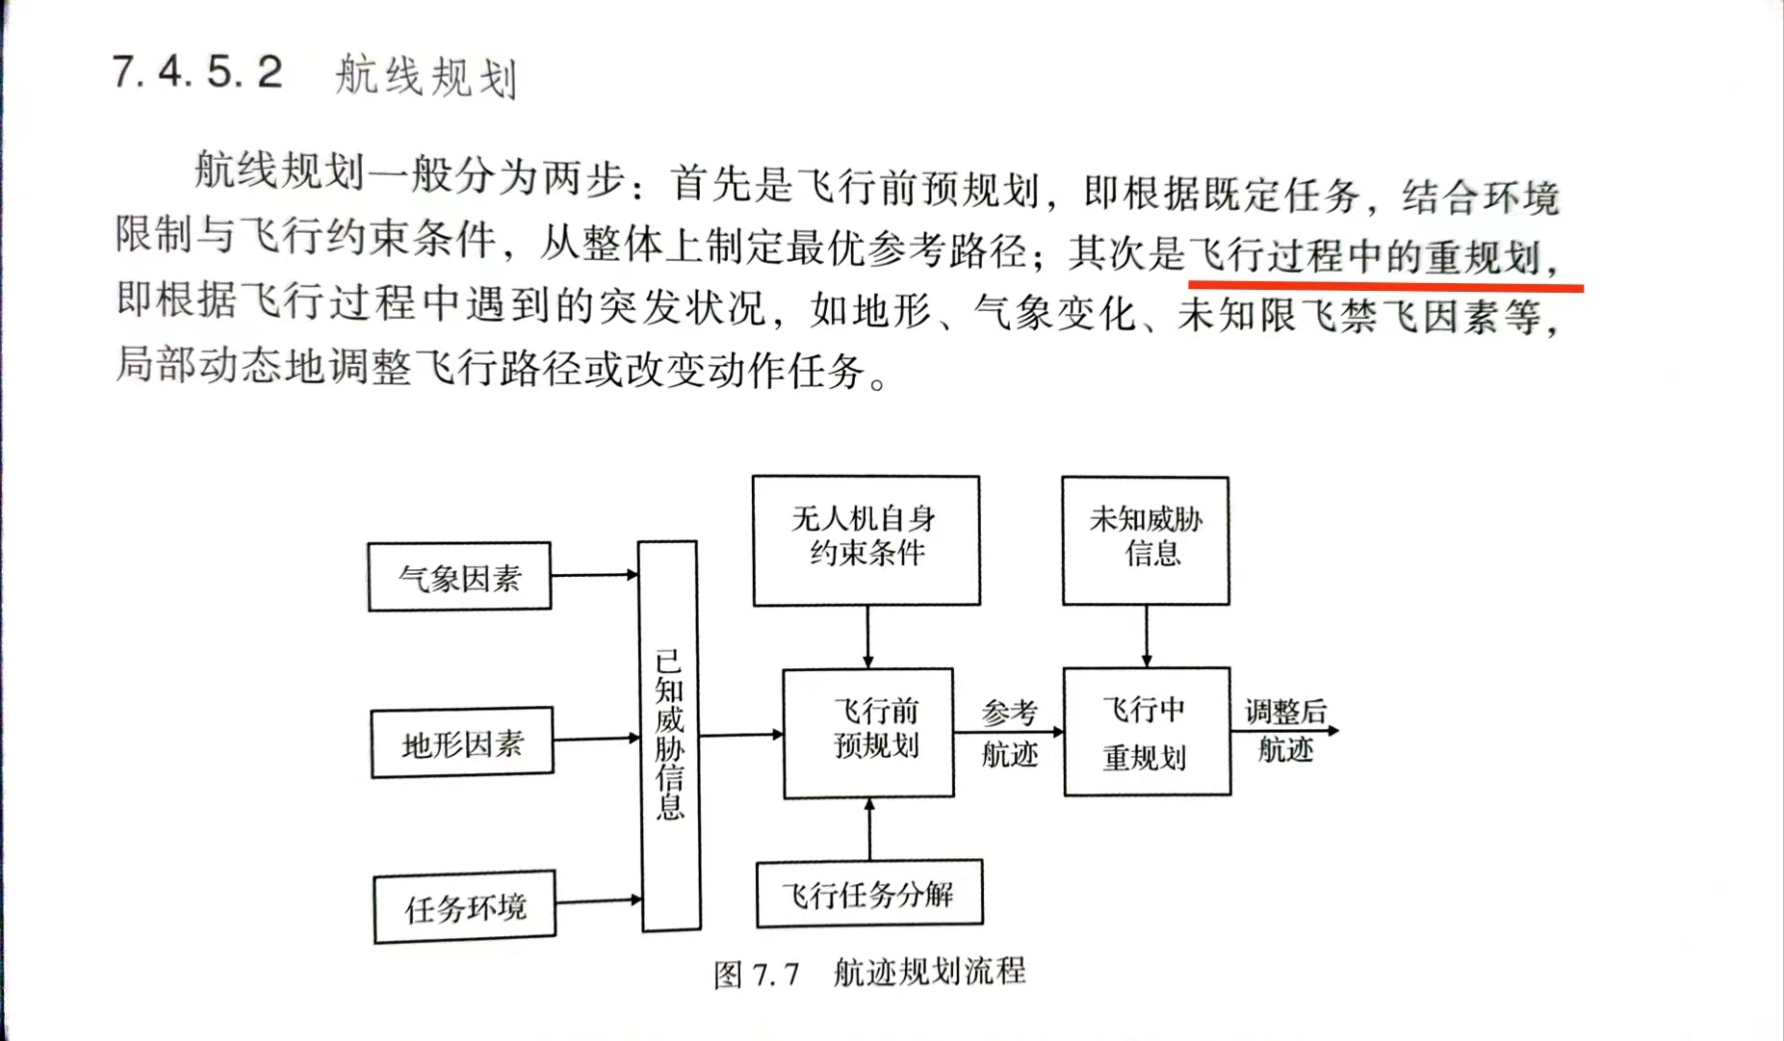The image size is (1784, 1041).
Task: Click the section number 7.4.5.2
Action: coord(197,72)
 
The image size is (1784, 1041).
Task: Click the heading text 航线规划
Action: coord(426,76)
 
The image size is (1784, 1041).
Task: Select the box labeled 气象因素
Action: coord(459,577)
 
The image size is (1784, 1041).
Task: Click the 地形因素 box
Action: coord(462,742)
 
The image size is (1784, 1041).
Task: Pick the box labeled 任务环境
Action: coord(465,907)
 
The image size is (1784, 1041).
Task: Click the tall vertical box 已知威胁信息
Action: coord(669,736)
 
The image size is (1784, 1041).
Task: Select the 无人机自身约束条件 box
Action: coord(866,539)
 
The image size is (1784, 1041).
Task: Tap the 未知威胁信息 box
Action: coord(1145,539)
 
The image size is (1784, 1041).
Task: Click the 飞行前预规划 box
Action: coord(868,733)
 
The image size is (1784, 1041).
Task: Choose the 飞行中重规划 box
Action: coord(1146,732)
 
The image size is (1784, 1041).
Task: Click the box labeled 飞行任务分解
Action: coord(868,894)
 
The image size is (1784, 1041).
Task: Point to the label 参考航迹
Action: coord(1009,733)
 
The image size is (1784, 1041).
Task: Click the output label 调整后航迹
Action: coord(1285,731)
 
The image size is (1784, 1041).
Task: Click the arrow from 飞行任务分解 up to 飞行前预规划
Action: coord(869,829)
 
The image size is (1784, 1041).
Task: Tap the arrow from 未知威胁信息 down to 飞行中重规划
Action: coord(1146,636)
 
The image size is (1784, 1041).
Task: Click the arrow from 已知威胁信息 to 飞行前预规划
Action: coord(740,735)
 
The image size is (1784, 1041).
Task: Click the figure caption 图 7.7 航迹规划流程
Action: coord(869,973)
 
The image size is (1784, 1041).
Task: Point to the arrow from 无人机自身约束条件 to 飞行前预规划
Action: coord(867,637)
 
